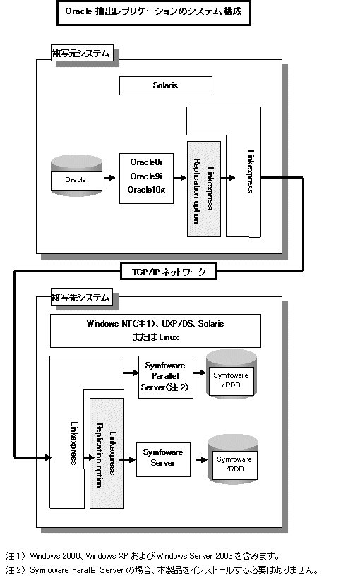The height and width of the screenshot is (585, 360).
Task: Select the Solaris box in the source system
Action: point(166,86)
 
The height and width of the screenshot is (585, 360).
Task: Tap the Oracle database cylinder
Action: point(76,176)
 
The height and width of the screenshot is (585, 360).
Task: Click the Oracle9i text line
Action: point(146,176)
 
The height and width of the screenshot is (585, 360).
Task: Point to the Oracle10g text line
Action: point(146,190)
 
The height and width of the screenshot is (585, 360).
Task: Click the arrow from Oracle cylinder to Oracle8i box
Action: point(109,178)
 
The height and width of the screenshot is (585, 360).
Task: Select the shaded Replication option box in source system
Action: point(204,189)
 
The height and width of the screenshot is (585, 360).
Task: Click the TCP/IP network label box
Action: point(169,271)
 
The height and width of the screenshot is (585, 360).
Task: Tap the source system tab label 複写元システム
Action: point(82,54)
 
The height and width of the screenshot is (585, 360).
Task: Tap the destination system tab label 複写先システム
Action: point(81,298)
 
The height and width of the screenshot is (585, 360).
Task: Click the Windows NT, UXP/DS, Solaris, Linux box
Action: point(155,330)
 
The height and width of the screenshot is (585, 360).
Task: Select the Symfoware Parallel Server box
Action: point(166,377)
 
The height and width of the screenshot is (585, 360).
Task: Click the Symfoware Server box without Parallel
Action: point(163,459)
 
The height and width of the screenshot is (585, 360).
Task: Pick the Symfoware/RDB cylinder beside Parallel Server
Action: point(232,374)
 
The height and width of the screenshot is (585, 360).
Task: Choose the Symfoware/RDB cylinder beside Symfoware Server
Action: point(233,459)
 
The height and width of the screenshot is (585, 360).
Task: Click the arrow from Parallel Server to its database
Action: point(200,373)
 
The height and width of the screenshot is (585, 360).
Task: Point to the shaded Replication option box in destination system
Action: point(107,453)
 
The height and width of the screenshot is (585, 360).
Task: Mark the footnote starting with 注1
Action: point(143,556)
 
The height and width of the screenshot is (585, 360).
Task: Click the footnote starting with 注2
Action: point(162,570)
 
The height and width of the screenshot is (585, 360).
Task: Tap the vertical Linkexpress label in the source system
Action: point(251,171)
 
